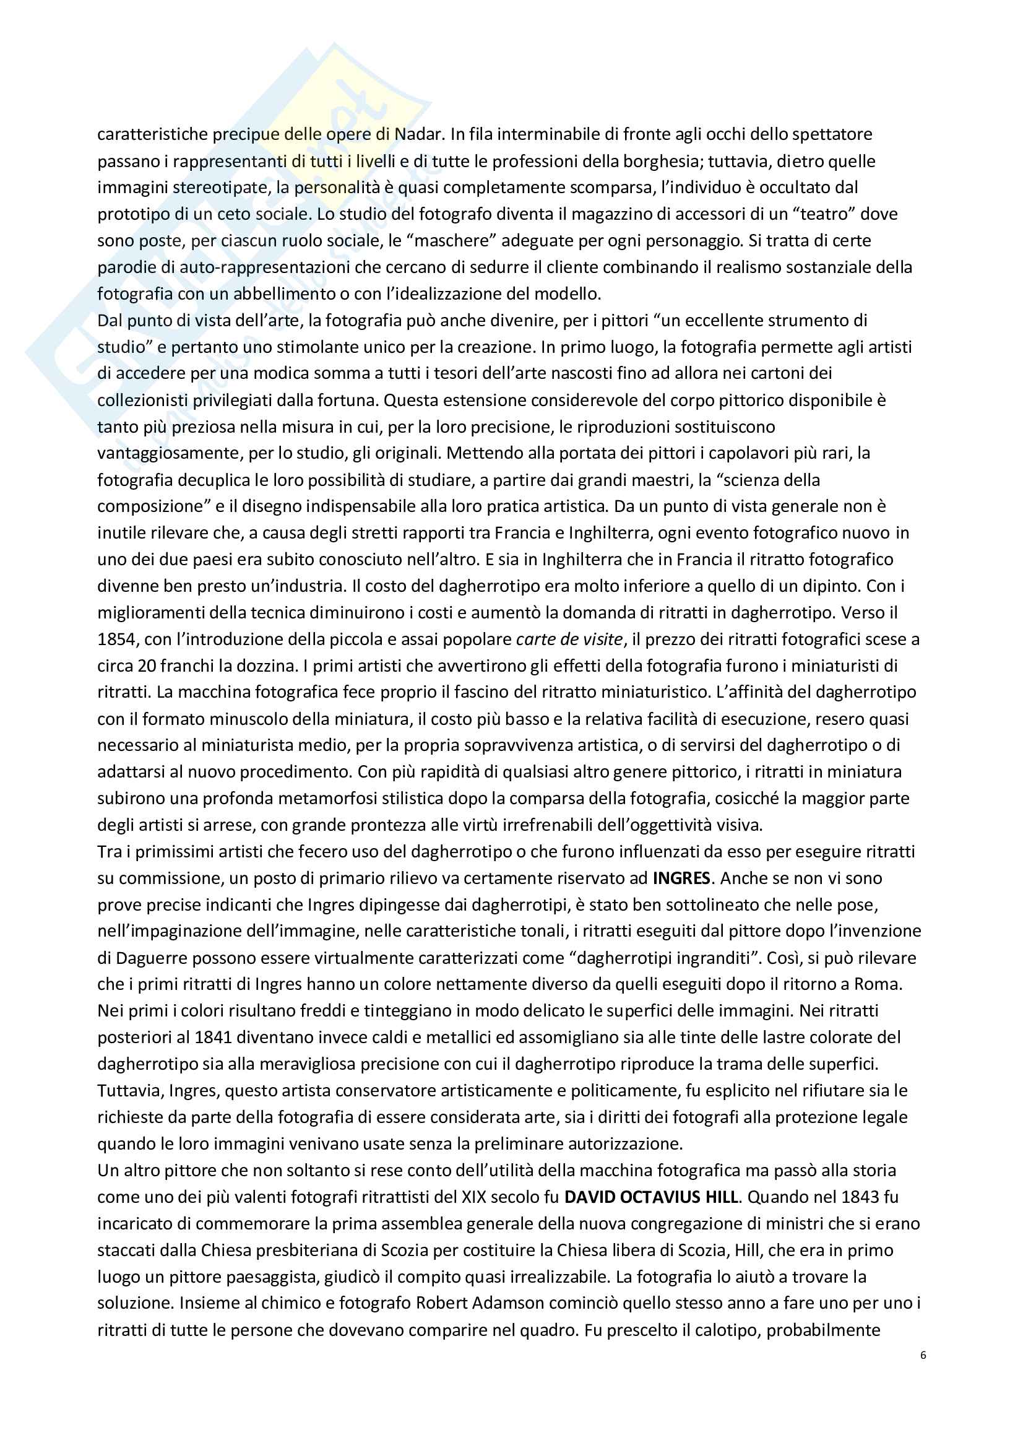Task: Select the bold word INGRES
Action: (x=681, y=878)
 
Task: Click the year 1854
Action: (x=116, y=639)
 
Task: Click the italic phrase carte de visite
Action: (x=569, y=639)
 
